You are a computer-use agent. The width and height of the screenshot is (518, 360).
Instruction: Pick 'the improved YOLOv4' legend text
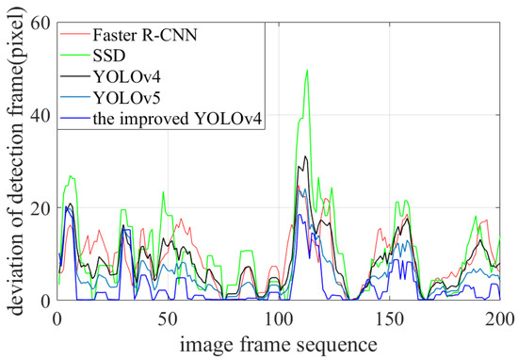point(173,120)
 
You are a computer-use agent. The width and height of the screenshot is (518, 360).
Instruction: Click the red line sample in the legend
point(74,37)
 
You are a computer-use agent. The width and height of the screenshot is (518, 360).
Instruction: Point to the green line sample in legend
point(74,57)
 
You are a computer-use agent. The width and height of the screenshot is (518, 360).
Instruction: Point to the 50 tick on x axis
point(167,317)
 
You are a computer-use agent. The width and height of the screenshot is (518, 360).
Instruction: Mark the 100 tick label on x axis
point(278,317)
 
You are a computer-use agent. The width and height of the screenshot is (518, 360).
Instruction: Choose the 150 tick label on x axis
point(389,317)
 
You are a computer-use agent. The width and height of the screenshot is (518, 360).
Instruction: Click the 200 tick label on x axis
point(498,317)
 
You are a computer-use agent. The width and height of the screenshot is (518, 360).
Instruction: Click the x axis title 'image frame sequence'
point(278,340)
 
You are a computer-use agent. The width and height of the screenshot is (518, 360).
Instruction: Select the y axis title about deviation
point(16,160)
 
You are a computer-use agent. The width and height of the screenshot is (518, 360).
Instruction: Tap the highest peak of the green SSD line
point(307,71)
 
